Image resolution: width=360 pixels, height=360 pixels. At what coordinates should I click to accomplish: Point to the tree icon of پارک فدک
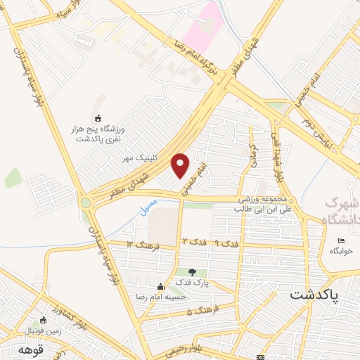click(x=193, y=272)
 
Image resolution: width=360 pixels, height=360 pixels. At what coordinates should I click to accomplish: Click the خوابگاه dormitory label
click(x=345, y=250)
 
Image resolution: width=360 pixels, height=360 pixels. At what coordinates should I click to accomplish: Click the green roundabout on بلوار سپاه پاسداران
click(x=86, y=204)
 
